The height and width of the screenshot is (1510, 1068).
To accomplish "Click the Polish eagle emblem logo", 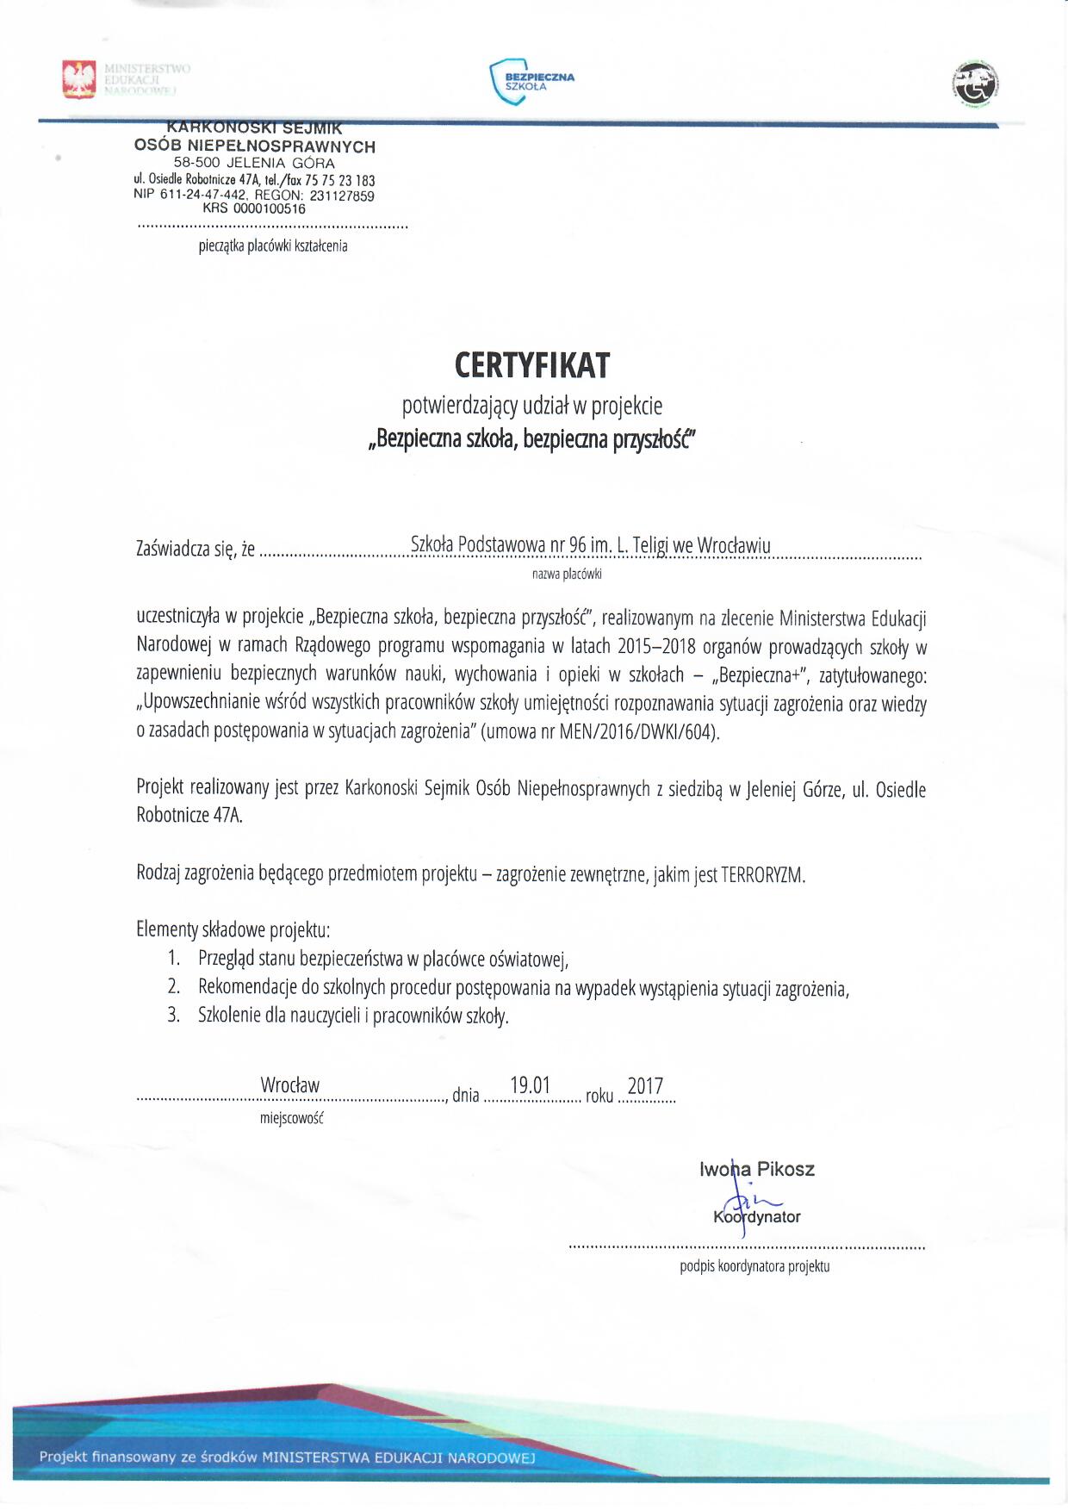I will tap(79, 79).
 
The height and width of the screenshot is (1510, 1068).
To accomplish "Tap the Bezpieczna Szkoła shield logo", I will tap(509, 82).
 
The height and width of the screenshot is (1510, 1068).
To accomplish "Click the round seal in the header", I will tap(975, 84).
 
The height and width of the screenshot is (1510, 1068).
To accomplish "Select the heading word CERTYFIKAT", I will tap(532, 366).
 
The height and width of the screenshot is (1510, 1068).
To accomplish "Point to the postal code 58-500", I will tap(197, 163).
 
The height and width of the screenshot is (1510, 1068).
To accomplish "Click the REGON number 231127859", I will tap(342, 196).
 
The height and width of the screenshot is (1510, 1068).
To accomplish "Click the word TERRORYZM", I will tap(762, 875).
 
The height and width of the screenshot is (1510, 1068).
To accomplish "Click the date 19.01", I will tap(530, 1085).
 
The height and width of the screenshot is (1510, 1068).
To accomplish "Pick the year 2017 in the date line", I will tap(645, 1085).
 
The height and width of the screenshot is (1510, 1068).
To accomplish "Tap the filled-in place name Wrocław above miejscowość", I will tap(290, 1085).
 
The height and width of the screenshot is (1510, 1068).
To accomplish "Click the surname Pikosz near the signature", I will tap(785, 1169).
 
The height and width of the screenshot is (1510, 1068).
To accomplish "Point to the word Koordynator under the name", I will tap(757, 1217).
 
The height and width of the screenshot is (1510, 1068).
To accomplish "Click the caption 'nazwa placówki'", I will tap(567, 573).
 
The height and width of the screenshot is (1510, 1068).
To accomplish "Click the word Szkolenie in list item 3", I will tap(230, 1015).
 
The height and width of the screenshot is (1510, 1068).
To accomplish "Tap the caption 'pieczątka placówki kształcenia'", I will tap(273, 246).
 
